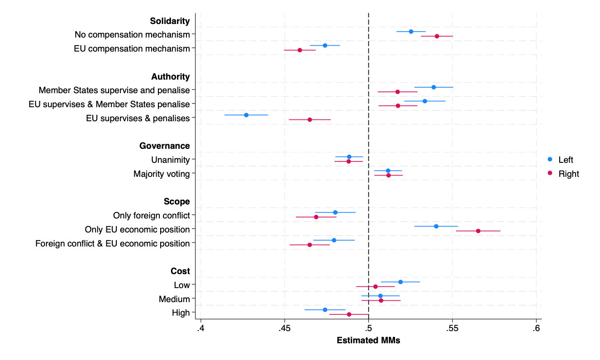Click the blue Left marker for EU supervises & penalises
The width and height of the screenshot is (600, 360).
(x=246, y=115)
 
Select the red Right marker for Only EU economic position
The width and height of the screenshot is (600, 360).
(x=478, y=231)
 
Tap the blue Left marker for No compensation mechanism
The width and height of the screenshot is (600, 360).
(x=411, y=32)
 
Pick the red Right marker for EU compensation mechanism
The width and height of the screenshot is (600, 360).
(x=300, y=50)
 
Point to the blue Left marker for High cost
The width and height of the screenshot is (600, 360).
(x=325, y=310)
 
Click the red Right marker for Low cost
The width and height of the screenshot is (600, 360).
(x=375, y=286)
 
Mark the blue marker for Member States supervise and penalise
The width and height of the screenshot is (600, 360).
(x=433, y=87)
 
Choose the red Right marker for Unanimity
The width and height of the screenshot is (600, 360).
(x=348, y=161)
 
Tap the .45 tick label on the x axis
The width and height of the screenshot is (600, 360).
(x=284, y=327)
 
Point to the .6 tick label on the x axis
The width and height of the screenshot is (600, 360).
(x=536, y=327)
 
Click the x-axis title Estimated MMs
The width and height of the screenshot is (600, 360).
(x=368, y=341)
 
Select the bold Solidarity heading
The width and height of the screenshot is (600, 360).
(x=170, y=21)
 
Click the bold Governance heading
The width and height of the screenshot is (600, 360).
(x=164, y=146)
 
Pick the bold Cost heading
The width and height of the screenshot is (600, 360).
(x=180, y=271)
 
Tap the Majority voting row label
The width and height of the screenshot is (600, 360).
(x=162, y=174)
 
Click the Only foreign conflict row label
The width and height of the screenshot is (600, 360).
(x=152, y=215)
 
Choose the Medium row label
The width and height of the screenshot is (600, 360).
(x=174, y=299)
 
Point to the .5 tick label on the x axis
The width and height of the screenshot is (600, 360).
(x=368, y=327)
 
